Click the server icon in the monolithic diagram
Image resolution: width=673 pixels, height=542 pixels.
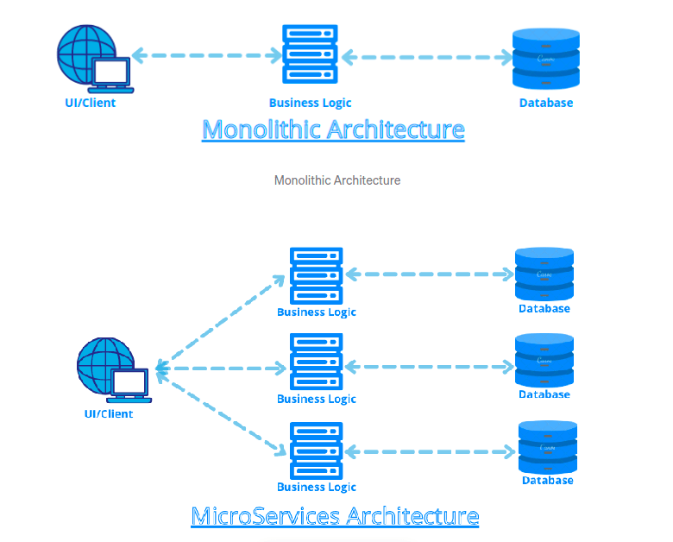pos(310,56)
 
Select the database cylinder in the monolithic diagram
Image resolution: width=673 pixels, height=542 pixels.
pos(545,59)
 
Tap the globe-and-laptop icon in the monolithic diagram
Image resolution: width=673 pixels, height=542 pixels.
pos(93,58)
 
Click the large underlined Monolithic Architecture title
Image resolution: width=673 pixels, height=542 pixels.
pos(333,129)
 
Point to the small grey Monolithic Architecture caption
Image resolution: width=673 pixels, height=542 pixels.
pos(336,180)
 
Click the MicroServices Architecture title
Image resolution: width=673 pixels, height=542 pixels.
pos(335,516)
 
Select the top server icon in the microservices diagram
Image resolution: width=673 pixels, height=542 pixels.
pos(316,275)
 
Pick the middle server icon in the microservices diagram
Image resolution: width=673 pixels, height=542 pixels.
pos(316,362)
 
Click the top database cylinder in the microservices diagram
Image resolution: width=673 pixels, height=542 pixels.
pos(544,274)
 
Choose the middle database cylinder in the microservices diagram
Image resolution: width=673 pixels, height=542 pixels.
pos(544,361)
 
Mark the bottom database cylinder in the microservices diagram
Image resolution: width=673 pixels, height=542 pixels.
pos(547,446)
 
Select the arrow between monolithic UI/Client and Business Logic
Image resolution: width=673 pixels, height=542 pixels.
pos(206,56)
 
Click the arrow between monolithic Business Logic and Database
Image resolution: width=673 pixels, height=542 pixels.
pos(426,58)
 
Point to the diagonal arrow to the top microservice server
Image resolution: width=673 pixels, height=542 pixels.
pos(220,319)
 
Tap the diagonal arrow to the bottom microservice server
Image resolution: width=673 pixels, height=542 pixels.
pos(220,411)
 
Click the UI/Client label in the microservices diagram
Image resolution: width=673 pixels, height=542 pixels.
pos(109,413)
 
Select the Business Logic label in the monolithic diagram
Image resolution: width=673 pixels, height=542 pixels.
pos(310,103)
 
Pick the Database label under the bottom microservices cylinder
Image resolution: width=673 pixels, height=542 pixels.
pos(547,480)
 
